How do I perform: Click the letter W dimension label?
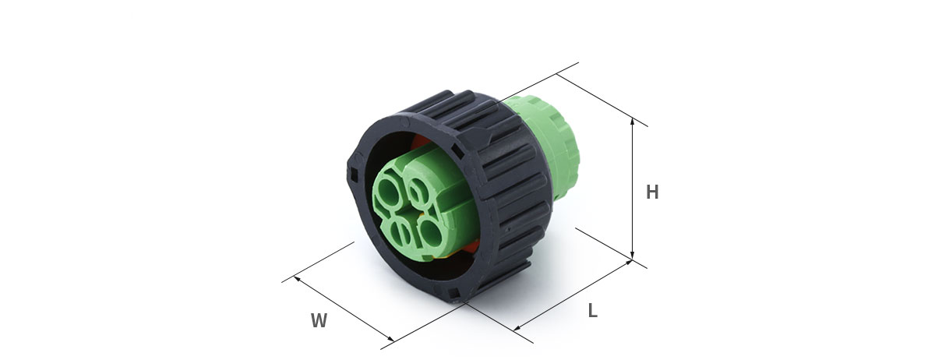click(x=319, y=321)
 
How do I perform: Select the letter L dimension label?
click(x=593, y=311)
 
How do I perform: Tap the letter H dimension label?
click(x=652, y=192)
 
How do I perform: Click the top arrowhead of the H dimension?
click(x=633, y=122)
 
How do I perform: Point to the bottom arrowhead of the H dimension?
click(x=633, y=255)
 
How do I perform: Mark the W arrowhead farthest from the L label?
click(x=297, y=278)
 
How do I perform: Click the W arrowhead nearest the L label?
click(x=390, y=338)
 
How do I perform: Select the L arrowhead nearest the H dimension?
click(x=629, y=263)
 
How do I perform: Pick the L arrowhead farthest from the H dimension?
click(x=517, y=328)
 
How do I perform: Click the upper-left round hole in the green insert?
click(x=389, y=191)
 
